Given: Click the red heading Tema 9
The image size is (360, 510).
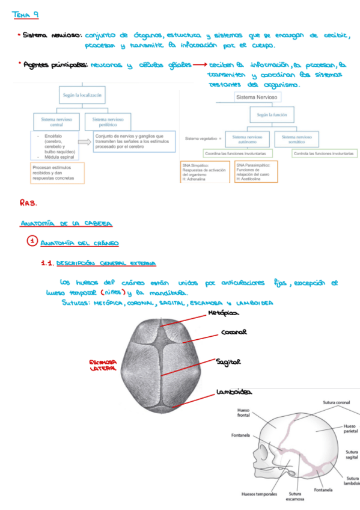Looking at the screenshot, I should [30, 14].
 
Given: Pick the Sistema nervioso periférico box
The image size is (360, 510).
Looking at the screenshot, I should [108, 122].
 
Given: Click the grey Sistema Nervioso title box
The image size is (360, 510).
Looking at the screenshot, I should [257, 96].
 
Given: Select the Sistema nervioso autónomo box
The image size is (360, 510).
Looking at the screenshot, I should [247, 140].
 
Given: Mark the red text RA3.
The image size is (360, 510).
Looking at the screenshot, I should [28, 203].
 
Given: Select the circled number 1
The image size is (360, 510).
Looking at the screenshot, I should [32, 242].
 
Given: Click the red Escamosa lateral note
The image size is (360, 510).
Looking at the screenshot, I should [103, 365].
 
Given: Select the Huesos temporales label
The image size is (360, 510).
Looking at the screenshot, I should [259, 494].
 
